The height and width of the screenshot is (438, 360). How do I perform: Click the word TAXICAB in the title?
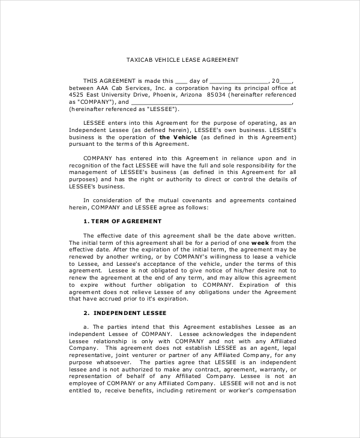[139, 60]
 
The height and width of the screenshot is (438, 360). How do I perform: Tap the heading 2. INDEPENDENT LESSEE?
[125, 313]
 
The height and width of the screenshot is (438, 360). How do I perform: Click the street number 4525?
[76, 95]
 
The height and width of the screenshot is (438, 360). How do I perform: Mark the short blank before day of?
[182, 80]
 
